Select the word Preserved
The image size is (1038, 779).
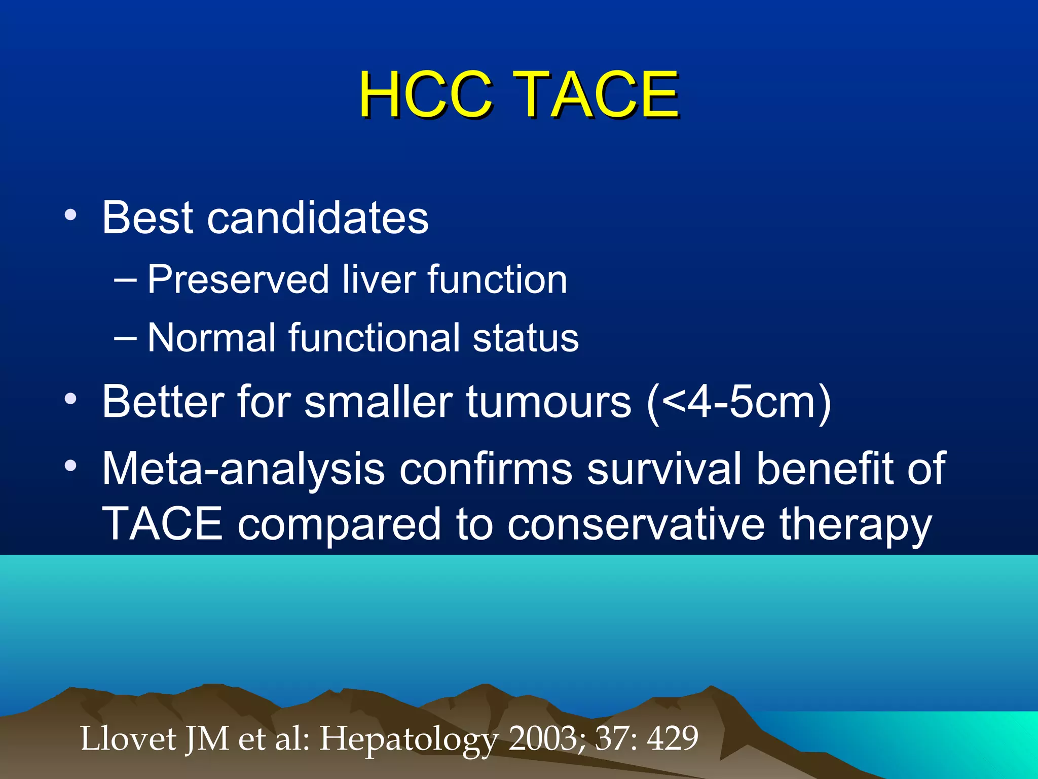click(x=238, y=280)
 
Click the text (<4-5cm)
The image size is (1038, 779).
click(x=738, y=402)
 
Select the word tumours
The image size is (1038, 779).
click(x=548, y=402)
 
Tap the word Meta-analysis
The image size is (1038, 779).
click(x=243, y=469)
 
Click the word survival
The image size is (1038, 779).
click(x=664, y=469)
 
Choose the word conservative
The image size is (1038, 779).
click(x=636, y=524)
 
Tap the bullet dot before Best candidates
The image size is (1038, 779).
click(x=70, y=216)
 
